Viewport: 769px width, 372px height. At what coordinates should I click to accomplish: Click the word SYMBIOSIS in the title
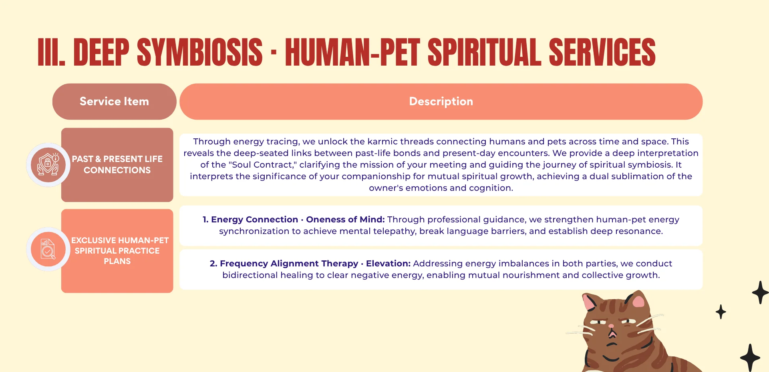(199, 52)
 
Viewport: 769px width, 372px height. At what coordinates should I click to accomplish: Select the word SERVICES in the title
(602, 52)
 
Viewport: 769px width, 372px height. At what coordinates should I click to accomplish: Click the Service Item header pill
(114, 102)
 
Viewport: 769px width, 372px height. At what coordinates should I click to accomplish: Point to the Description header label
(441, 102)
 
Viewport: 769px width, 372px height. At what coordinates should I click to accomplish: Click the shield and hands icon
(48, 164)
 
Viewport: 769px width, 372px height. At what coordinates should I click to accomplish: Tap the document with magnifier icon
(48, 249)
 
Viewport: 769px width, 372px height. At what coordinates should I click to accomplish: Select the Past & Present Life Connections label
(117, 164)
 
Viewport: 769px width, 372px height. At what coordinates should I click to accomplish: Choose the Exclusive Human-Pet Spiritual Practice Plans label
(119, 251)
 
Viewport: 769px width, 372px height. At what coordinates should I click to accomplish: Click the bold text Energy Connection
(254, 220)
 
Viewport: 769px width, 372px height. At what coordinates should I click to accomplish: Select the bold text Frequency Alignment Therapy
(289, 264)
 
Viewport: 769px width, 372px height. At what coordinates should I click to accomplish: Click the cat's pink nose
(611, 326)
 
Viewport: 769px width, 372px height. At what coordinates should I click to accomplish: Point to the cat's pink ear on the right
(638, 301)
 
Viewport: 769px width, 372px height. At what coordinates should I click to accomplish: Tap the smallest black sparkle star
(721, 312)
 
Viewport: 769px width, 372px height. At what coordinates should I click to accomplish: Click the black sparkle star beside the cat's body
(750, 357)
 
